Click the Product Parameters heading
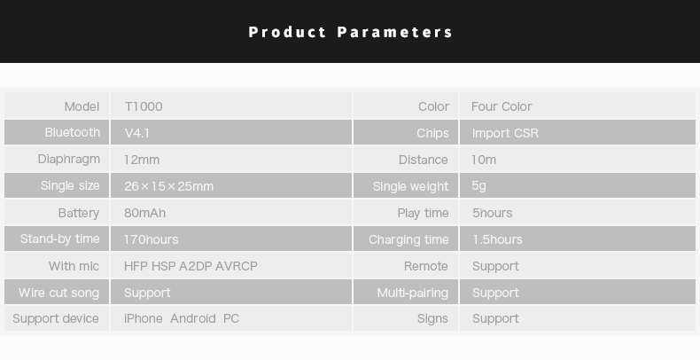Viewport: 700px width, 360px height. pyautogui.click(x=350, y=32)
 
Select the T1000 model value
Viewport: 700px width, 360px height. pyautogui.click(x=144, y=106)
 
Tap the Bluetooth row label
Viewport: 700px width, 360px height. pyautogui.click(x=73, y=132)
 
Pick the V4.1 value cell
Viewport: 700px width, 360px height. pyautogui.click(x=137, y=133)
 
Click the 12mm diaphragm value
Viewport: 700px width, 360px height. pyautogui.click(x=142, y=160)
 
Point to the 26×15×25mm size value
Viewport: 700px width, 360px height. pyautogui.click(x=168, y=186)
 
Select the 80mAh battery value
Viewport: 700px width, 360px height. pyautogui.click(x=144, y=213)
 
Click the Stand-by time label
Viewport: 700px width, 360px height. pyautogui.click(x=59, y=239)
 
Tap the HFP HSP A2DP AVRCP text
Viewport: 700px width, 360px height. pyautogui.click(x=191, y=266)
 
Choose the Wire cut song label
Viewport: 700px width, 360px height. pyautogui.click(x=58, y=293)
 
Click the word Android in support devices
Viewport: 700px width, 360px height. pyautogui.click(x=192, y=318)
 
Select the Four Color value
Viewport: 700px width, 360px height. pyautogui.click(x=502, y=106)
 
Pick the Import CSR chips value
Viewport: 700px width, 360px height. pyautogui.click(x=505, y=133)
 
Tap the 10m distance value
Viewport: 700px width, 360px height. pyautogui.click(x=484, y=160)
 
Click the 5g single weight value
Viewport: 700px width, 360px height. pyautogui.click(x=479, y=186)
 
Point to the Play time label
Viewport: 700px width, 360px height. pyautogui.click(x=423, y=213)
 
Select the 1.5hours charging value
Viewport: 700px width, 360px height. pyautogui.click(x=497, y=239)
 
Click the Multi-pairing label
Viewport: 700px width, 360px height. pyautogui.click(x=412, y=293)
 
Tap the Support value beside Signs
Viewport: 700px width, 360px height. pyautogui.click(x=495, y=318)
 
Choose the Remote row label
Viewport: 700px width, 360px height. pyautogui.click(x=425, y=266)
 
